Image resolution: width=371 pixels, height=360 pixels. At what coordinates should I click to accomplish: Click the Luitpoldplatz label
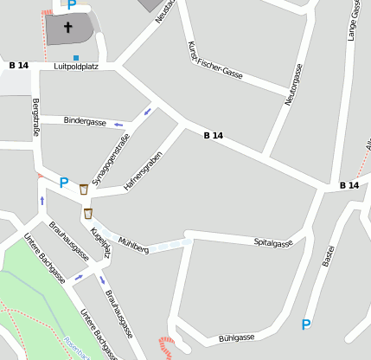coord(75,66)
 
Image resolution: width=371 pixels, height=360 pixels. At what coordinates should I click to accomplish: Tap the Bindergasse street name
coord(85,121)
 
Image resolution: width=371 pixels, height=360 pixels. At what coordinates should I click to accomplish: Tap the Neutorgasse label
coord(294,85)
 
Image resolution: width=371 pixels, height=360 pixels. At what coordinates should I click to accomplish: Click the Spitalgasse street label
coord(273,243)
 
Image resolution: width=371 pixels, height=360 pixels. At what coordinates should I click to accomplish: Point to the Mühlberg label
coord(134,244)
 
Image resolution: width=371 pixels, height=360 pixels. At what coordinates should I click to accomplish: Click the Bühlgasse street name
coord(236,337)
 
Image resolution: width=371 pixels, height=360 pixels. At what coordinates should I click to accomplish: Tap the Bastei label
coord(327,255)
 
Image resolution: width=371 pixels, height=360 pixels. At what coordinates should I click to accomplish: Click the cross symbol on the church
coord(68,28)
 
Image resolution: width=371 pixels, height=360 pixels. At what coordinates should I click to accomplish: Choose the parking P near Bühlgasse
coord(305,325)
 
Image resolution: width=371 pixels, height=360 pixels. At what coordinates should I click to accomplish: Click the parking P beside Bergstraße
coord(63,183)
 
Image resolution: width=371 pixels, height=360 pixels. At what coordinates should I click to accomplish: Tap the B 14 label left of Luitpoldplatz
coord(19,66)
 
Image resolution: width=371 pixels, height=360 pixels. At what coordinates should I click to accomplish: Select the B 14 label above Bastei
coord(349,185)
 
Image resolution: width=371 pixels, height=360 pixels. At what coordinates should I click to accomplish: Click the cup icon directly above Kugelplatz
coord(87,213)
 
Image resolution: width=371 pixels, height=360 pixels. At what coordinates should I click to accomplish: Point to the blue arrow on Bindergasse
coord(118,125)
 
